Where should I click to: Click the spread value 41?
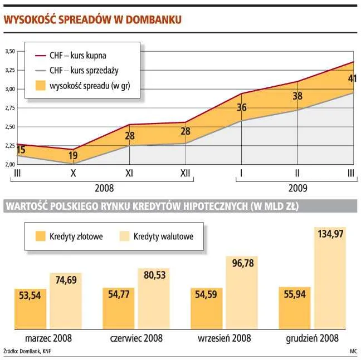click(x=352, y=78)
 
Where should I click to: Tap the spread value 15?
click(x=21, y=150)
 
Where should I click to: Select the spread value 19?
click(x=73, y=156)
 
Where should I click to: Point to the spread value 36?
click(x=241, y=108)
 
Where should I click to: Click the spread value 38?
click(x=297, y=96)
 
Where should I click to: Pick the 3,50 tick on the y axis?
click(x=9, y=52)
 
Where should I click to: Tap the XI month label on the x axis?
click(x=129, y=174)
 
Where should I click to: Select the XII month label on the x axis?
click(x=186, y=174)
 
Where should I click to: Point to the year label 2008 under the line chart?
click(x=104, y=188)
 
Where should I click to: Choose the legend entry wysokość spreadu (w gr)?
click(x=86, y=86)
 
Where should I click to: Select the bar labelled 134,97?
click(x=330, y=278)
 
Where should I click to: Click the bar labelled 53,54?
click(x=30, y=309)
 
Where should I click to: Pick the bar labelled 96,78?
click(x=242, y=293)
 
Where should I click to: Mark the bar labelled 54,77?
click(x=119, y=309)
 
